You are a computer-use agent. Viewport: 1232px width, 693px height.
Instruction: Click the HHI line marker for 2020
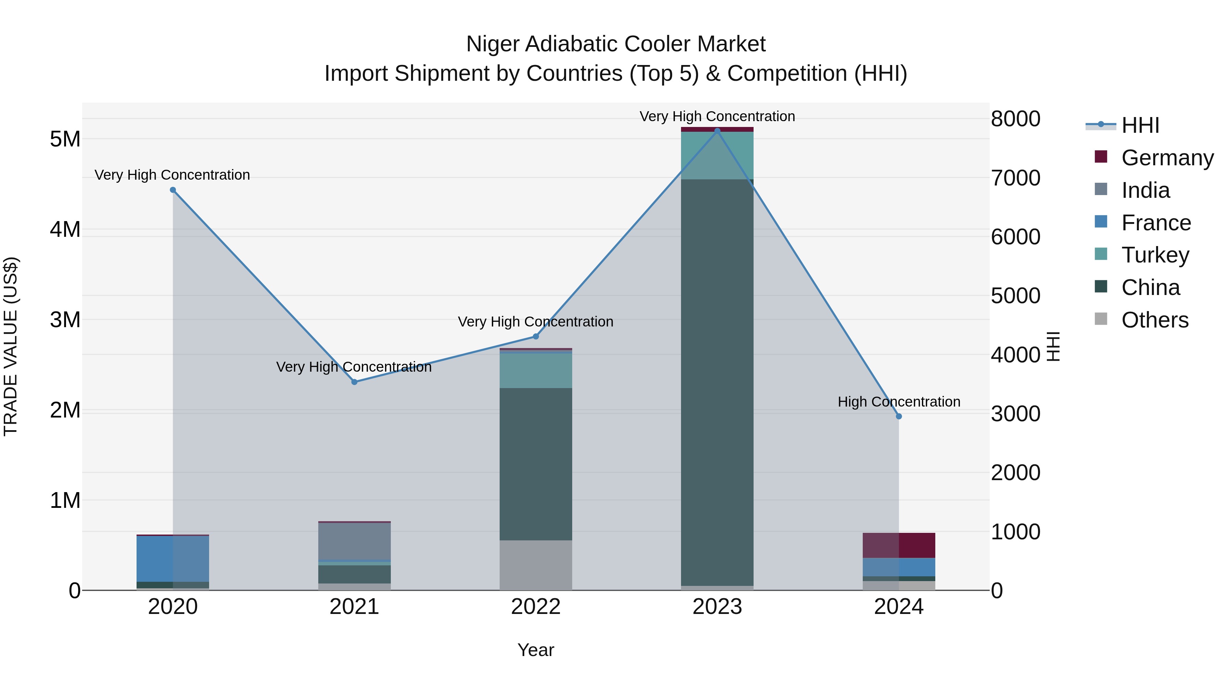(173, 190)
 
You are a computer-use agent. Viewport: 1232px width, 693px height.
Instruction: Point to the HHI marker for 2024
(899, 416)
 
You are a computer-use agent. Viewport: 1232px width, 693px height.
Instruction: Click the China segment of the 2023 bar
(717, 383)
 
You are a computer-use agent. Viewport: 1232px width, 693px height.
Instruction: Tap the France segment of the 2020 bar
(173, 558)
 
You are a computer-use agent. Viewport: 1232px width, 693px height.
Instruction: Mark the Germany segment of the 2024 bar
(899, 545)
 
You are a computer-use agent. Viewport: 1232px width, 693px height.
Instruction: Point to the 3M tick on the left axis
(65, 320)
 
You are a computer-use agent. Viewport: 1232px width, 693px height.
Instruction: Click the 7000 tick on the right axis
(1015, 178)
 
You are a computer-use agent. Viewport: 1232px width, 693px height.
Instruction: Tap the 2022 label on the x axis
(536, 606)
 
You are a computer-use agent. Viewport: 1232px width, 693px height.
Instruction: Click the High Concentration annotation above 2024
(899, 402)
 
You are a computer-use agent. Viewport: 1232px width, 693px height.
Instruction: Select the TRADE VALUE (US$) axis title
(11, 346)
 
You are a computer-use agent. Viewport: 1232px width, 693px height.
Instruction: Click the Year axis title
(536, 650)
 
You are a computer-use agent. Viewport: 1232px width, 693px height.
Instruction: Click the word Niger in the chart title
(492, 44)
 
